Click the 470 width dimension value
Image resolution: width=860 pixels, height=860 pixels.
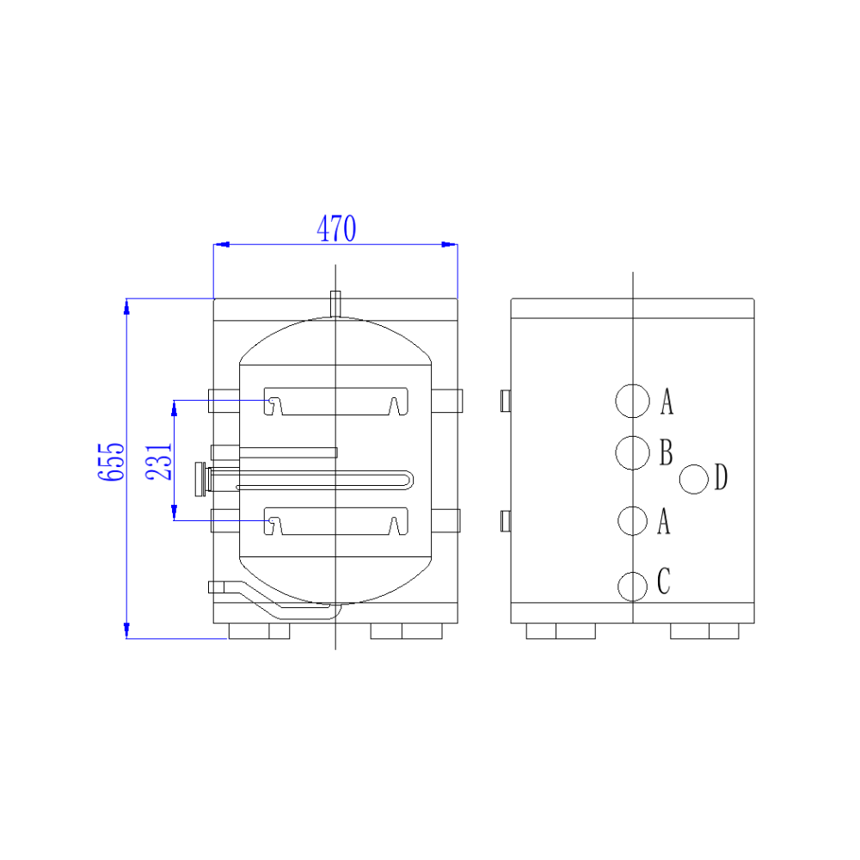point(336,229)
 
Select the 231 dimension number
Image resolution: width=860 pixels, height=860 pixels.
point(160,463)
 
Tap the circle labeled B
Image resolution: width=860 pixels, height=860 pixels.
point(632,452)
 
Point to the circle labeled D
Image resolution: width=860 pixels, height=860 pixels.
point(694,479)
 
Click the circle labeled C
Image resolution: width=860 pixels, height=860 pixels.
point(632,586)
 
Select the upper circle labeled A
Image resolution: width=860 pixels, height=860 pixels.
point(632,400)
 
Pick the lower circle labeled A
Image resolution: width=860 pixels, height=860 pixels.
point(632,520)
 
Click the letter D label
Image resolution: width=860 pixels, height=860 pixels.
point(721,477)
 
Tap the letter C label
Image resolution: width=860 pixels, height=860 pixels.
point(663,582)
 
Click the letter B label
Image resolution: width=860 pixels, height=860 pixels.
point(666,452)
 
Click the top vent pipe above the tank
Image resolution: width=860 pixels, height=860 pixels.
point(335,304)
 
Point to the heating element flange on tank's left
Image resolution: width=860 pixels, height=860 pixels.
point(201,479)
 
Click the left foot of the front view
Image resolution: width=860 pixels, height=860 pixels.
point(259,631)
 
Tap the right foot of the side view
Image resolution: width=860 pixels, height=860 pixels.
point(704,631)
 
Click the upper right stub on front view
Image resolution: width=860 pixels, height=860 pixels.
point(447,400)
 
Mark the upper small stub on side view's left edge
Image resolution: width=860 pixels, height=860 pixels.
point(506,400)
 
